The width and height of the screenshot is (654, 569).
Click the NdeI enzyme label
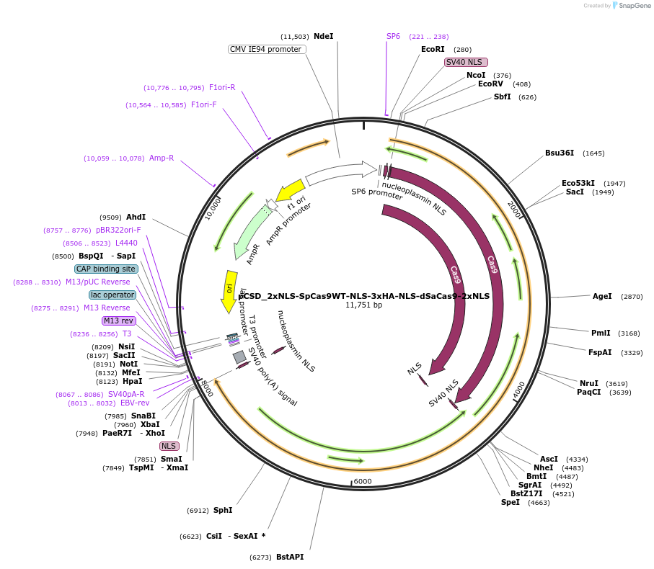coord(323,36)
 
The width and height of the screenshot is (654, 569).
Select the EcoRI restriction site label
coord(433,49)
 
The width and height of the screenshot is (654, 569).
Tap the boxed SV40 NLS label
coord(467,62)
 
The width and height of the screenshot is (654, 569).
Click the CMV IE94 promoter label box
coord(266,49)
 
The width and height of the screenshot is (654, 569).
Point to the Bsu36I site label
coord(560,153)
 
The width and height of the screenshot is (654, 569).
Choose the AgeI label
coord(602,296)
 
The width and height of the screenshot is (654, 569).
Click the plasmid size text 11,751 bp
coord(363,305)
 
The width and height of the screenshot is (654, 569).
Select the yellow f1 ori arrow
coord(290,192)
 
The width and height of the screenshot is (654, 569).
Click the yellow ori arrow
coord(229,291)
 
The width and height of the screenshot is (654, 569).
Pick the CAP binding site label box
coord(106,269)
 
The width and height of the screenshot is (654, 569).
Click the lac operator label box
coord(112,295)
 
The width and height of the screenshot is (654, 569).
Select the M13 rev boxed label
coord(118,321)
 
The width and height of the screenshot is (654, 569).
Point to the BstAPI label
coord(290,557)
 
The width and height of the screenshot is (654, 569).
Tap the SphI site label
coord(223,510)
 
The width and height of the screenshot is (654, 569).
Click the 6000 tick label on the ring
coord(362,481)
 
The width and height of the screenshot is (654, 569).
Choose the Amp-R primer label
coord(162,158)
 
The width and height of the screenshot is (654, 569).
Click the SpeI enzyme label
coord(511,502)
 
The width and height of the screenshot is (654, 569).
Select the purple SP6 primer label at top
coord(393,36)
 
